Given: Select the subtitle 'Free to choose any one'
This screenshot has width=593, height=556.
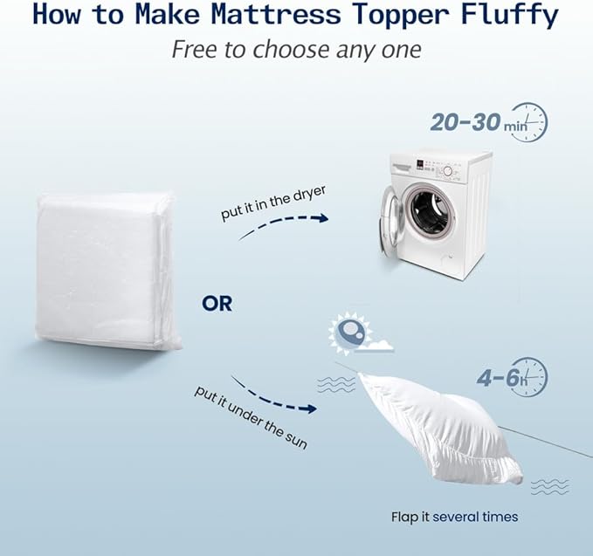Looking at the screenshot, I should coord(296,50).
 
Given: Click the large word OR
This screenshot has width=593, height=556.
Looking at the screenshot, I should coord(217,304).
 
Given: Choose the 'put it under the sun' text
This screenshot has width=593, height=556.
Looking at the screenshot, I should coord(250,418).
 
